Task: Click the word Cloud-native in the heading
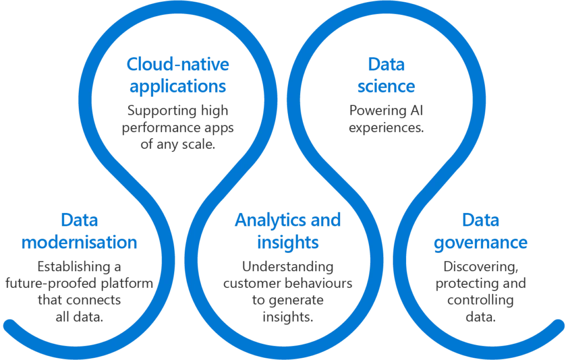click(x=177, y=65)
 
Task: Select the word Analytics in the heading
click(x=266, y=221)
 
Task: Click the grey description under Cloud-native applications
click(x=177, y=126)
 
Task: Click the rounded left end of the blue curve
click(x=8, y=325)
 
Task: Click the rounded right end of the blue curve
click(x=559, y=325)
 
